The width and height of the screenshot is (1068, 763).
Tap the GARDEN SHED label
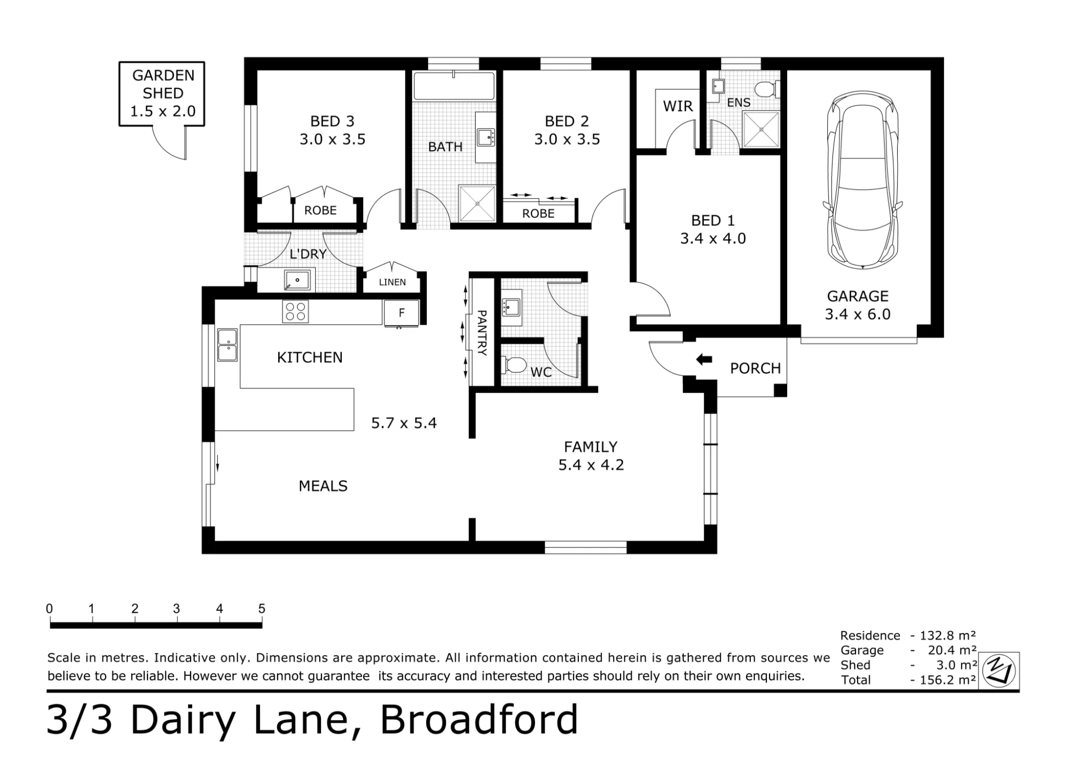coord(163,84)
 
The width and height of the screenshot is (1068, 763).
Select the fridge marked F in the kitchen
coord(401,313)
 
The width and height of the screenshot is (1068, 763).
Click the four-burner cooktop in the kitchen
coord(295,312)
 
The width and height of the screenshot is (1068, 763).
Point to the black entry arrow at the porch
coord(704,360)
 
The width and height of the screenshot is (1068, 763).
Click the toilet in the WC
coord(514,365)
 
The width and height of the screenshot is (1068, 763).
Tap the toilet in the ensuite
coord(767,89)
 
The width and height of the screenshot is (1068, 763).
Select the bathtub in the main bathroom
coord(454,85)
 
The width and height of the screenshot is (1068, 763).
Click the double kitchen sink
coord(227,345)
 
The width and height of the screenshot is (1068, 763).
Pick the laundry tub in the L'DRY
coord(297,280)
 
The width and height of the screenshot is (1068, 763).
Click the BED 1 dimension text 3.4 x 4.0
coord(713,238)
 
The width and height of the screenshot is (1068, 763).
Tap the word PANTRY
coord(482,333)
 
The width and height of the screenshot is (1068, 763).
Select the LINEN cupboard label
coord(392,282)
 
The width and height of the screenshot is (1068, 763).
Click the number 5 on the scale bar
coord(262,609)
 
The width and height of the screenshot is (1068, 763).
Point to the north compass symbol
coord(999,671)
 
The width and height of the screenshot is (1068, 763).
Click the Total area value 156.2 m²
coord(948,680)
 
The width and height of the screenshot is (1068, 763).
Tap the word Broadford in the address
coord(479,720)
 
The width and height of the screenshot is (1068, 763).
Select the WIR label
coord(678,106)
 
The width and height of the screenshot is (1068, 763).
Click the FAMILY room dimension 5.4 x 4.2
coord(591,465)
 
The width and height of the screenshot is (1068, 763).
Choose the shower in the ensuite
coord(761,129)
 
